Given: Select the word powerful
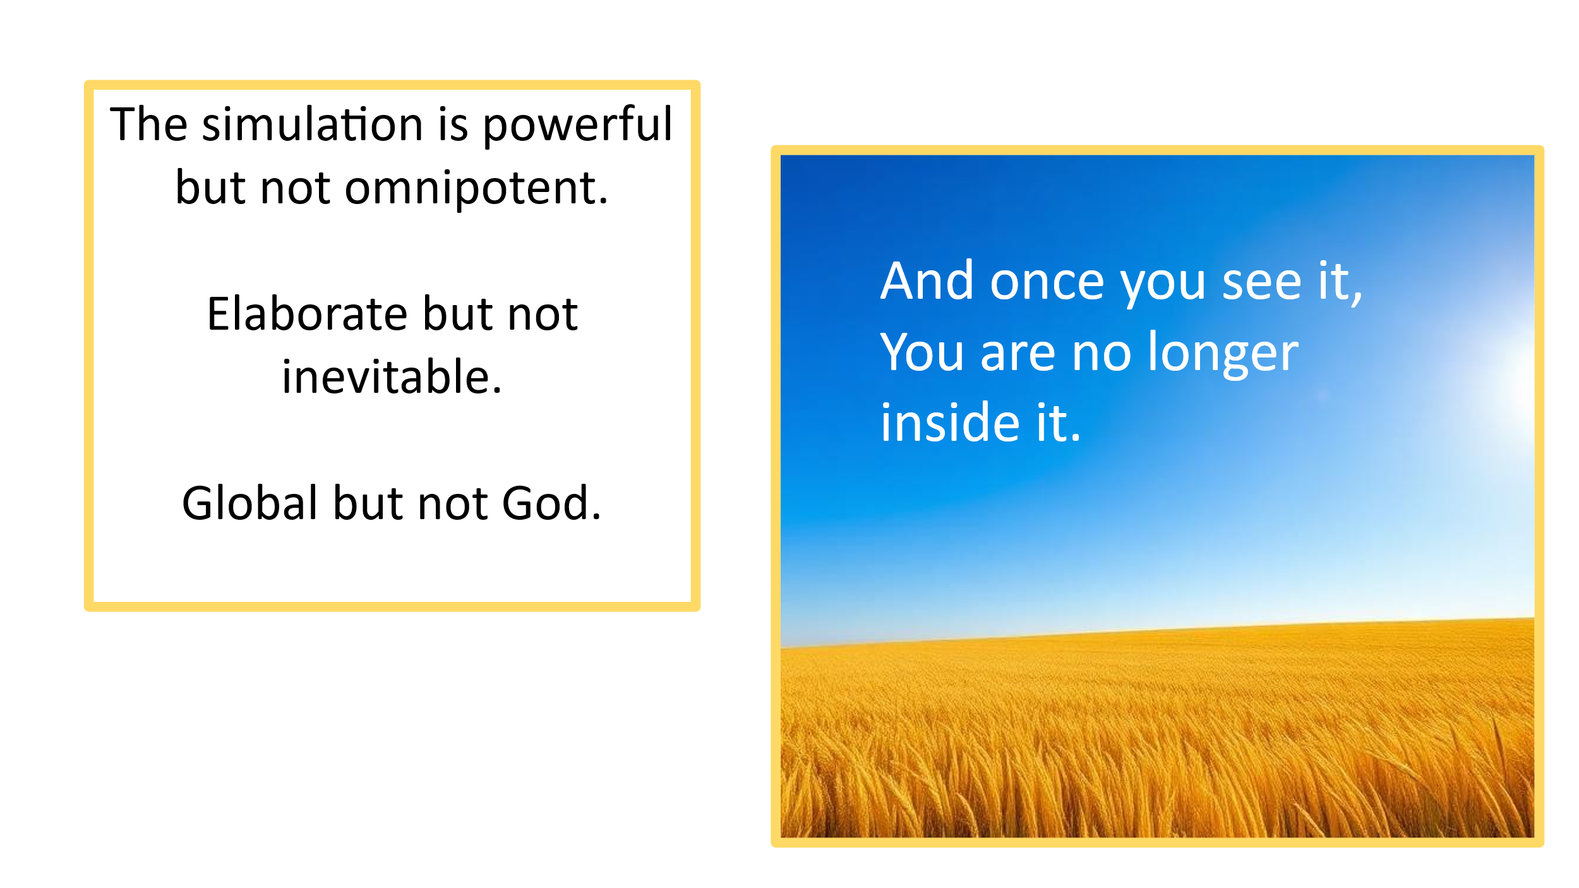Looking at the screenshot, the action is [x=578, y=125].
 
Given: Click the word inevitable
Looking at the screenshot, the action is [x=392, y=376].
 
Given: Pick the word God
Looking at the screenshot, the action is [x=551, y=503].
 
